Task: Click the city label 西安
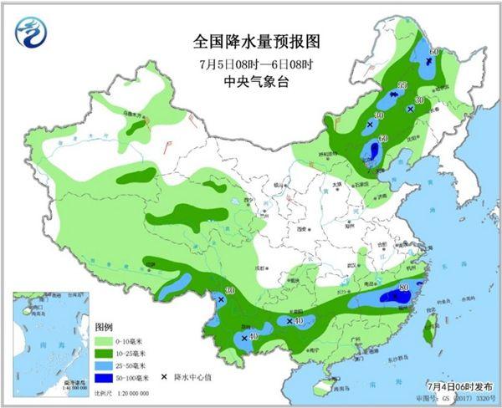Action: pyautogui.click(x=295, y=227)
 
